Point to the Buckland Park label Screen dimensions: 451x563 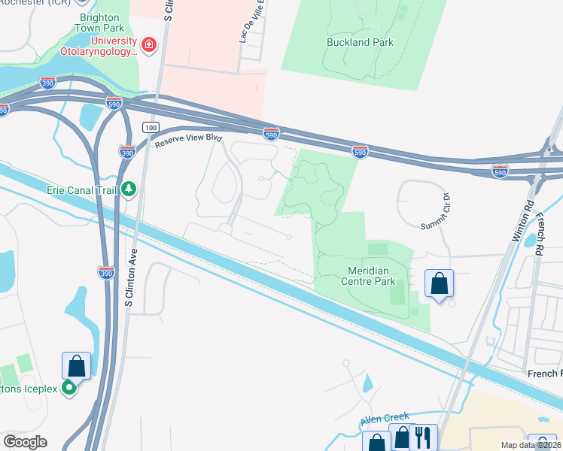click(x=360, y=43)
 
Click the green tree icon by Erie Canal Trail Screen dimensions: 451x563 click(x=129, y=189)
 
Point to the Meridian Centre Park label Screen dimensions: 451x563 click(x=361, y=276)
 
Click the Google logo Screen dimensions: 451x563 click(x=25, y=442)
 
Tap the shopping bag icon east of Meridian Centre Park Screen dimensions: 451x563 click(x=440, y=283)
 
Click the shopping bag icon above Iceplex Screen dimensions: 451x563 click(x=76, y=366)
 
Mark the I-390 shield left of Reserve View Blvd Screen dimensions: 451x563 click(x=126, y=152)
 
